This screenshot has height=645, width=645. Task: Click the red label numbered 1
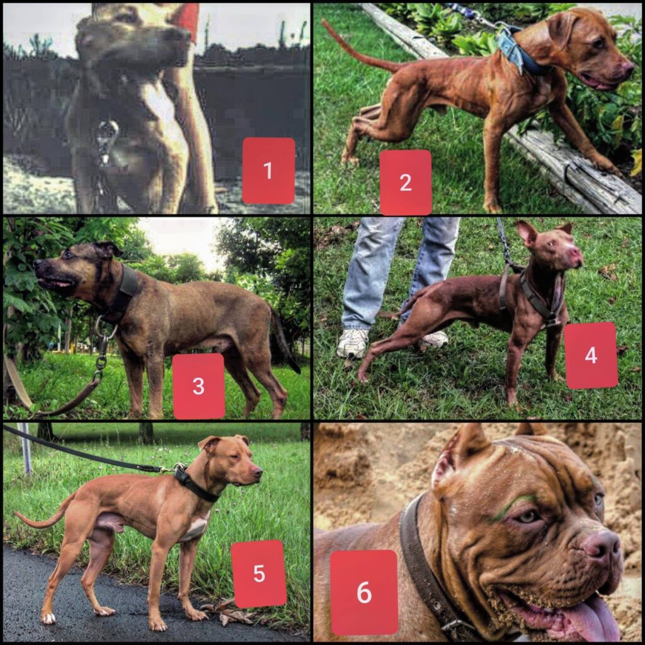(268, 170)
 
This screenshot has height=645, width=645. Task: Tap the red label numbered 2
(405, 182)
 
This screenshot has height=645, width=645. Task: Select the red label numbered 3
(198, 386)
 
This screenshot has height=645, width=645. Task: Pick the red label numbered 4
(591, 355)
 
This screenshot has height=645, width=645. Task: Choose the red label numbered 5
(259, 573)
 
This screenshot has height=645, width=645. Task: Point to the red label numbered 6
(364, 593)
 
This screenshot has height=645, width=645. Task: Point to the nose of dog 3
(38, 264)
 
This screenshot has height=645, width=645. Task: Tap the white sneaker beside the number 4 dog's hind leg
(353, 342)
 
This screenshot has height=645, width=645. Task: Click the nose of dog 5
(258, 472)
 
